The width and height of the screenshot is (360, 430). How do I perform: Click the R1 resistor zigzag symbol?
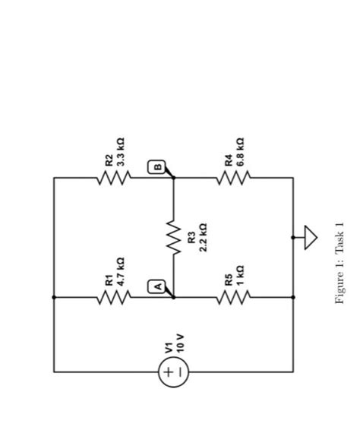[x=113, y=298]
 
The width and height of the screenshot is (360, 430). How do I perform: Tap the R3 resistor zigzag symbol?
[x=174, y=238]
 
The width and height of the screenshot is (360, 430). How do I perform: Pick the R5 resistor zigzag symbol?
[x=233, y=298]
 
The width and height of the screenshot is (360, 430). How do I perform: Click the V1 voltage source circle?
[x=173, y=372]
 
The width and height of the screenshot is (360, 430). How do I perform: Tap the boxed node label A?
[x=158, y=286]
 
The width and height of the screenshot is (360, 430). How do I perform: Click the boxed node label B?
[x=158, y=166]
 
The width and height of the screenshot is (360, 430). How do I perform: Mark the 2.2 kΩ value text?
[x=203, y=238]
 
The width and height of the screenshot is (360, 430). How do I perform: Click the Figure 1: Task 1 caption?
[x=339, y=263]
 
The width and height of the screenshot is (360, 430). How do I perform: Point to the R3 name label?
[x=191, y=238]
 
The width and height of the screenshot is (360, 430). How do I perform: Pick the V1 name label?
[x=169, y=347]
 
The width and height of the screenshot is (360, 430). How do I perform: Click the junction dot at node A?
[x=174, y=298]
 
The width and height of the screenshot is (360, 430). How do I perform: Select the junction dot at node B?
[x=174, y=178]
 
